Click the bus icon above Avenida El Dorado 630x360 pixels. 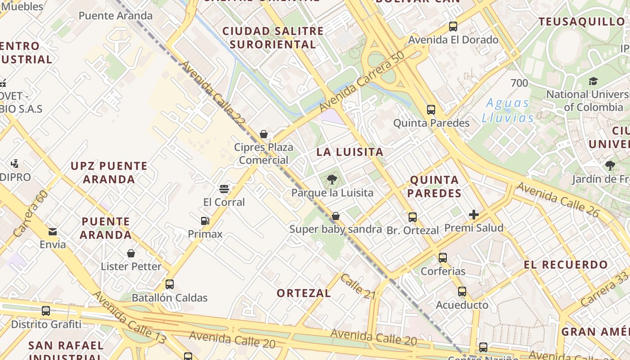point(453,27)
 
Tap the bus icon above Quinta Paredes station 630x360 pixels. point(431,109)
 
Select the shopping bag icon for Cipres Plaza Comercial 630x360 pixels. point(264,134)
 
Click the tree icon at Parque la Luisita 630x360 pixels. point(332,180)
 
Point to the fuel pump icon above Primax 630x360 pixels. point(205,221)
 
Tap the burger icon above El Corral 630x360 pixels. point(224,189)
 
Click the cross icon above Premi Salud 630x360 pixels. point(474,215)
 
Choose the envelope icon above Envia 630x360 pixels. point(53,232)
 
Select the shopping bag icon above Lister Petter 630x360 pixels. point(131,253)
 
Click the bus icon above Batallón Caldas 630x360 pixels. point(170,284)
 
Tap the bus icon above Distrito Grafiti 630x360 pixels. point(46,311)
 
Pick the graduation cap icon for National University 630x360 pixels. point(594,81)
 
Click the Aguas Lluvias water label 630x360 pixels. point(508,110)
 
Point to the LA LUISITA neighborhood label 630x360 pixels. point(350,152)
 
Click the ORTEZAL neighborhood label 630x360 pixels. point(304,293)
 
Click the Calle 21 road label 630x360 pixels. point(358,287)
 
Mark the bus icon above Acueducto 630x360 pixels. point(462,292)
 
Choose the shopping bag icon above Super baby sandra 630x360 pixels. point(335,216)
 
